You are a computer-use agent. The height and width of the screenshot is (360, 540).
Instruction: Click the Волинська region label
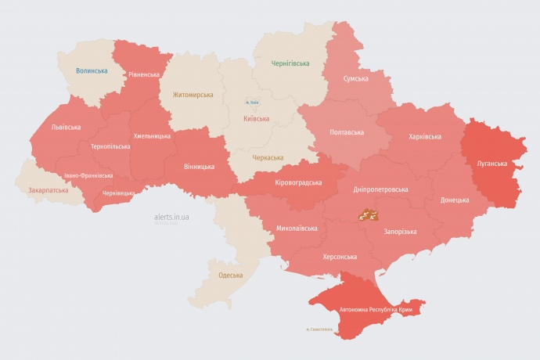click(x=92, y=70)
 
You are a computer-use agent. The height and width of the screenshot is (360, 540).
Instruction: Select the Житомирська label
click(x=193, y=95)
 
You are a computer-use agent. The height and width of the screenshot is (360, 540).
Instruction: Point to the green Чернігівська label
click(x=290, y=63)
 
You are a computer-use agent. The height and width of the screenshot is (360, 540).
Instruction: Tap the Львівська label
click(x=65, y=127)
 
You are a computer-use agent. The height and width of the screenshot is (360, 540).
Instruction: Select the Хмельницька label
click(x=152, y=136)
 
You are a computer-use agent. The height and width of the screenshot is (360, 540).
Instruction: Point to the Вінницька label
click(x=199, y=167)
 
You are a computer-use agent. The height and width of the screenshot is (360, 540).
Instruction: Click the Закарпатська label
click(x=48, y=190)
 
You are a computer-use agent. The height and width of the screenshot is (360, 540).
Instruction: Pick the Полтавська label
click(x=346, y=132)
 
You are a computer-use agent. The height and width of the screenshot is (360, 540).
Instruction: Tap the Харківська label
click(x=424, y=136)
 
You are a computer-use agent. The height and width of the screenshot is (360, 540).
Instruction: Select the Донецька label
click(x=455, y=200)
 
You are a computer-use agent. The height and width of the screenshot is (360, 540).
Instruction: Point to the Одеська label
click(x=230, y=275)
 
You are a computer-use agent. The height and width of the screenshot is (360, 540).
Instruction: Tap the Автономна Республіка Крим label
click(x=375, y=311)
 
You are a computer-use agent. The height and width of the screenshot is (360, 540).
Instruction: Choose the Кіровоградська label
click(x=298, y=182)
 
